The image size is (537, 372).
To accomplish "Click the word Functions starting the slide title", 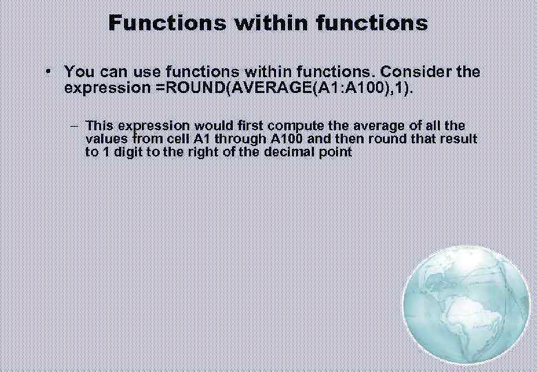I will pyautogui.click(x=167, y=23).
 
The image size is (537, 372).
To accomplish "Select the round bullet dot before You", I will pyautogui.click(x=46, y=72).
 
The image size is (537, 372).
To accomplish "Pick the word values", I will pyautogui.click(x=103, y=139).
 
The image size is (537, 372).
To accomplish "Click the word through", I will pyautogui.click(x=241, y=139).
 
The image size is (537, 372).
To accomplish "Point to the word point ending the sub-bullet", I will pyautogui.click(x=337, y=152).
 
